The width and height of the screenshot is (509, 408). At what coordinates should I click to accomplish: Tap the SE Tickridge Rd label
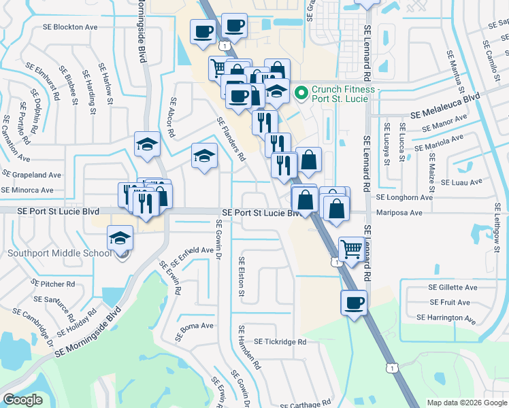tap(280, 342)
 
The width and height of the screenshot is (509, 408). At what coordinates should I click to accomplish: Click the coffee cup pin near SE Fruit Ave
tap(353, 303)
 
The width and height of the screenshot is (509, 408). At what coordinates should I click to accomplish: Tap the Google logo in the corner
tap(22, 400)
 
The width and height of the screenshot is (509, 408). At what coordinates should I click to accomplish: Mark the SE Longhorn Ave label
tap(405, 197)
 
